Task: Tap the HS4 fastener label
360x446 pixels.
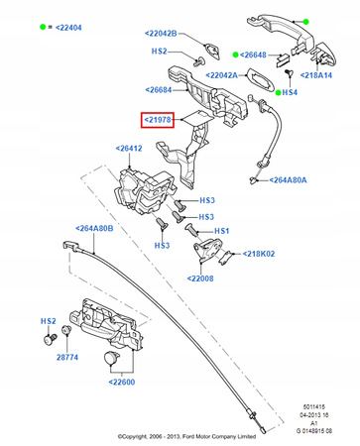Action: pyautogui.click(x=289, y=93)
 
